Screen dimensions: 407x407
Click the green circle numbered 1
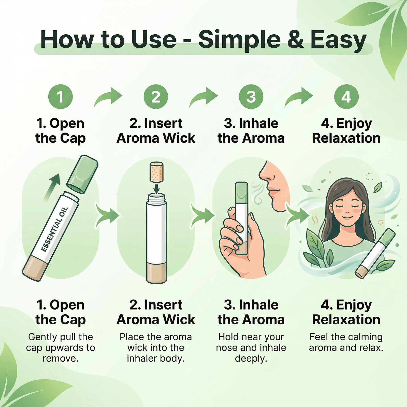click(61, 97)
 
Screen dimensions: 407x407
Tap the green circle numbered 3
click(251, 97)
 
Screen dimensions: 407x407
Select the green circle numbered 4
click(346, 97)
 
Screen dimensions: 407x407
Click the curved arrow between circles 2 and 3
click(203, 98)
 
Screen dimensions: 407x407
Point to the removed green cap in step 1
click(82, 174)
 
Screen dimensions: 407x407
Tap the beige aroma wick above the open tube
click(156, 172)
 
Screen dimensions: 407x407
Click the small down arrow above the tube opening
click(156, 188)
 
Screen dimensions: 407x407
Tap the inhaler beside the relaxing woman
click(375, 253)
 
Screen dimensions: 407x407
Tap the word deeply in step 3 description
click(251, 358)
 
